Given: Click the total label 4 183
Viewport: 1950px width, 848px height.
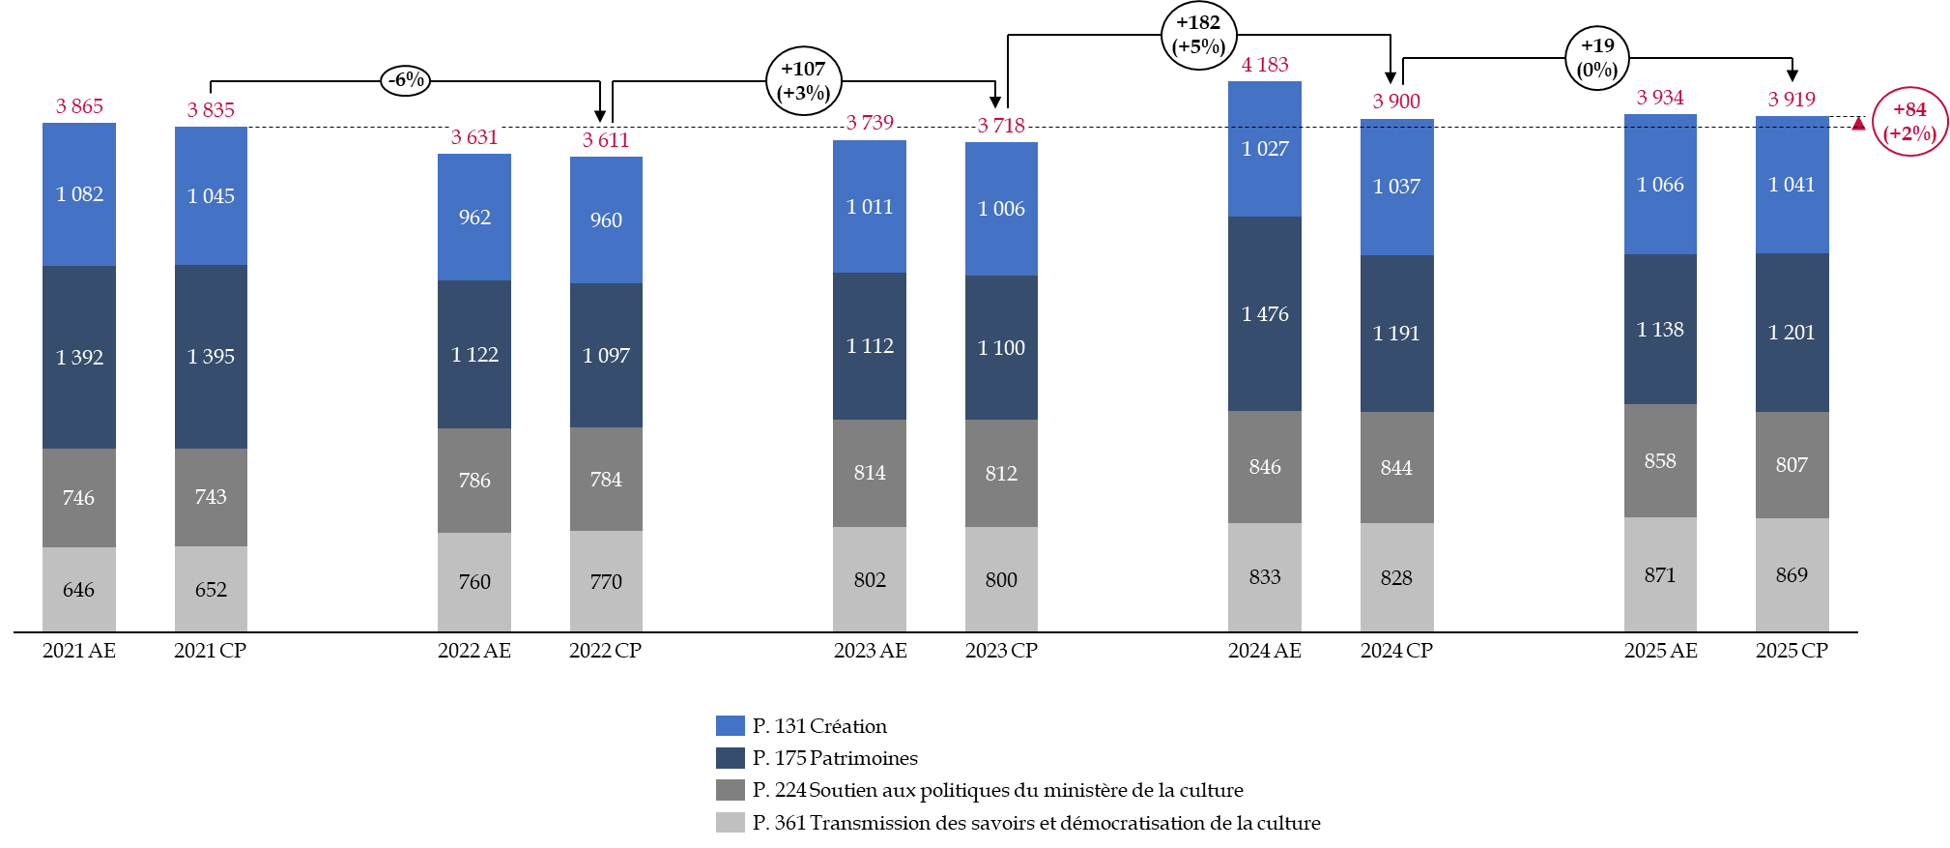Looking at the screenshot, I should (1264, 65).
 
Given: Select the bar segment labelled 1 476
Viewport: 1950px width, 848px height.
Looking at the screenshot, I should (1264, 313).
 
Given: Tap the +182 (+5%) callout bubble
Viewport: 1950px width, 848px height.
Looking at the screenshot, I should (1198, 35).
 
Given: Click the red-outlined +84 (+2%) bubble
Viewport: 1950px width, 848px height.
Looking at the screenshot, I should (1909, 122).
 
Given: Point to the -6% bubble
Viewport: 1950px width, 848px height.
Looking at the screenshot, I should (406, 80).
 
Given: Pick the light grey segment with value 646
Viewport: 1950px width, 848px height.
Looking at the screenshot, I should (78, 589).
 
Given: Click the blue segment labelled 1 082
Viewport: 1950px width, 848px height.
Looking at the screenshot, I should (78, 194).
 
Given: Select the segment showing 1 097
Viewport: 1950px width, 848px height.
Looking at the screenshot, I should (606, 355).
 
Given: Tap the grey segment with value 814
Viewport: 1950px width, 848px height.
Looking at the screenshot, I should (869, 473).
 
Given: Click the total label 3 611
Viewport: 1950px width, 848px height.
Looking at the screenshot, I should (605, 140).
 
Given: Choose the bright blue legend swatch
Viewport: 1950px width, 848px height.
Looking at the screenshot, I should (730, 725).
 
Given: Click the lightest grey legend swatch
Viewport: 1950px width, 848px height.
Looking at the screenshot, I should (730, 822).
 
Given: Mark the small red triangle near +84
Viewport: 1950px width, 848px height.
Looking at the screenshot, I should (1857, 124).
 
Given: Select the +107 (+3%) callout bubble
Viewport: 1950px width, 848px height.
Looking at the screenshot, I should (804, 81).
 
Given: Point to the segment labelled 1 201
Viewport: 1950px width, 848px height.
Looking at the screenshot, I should (1792, 333).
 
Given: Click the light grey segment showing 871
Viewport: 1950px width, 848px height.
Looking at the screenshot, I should (1659, 574).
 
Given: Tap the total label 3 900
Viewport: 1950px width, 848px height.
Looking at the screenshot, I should (1396, 102).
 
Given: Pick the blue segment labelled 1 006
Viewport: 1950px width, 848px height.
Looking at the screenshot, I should (1001, 209).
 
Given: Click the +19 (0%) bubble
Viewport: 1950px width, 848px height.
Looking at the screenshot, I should (1597, 58).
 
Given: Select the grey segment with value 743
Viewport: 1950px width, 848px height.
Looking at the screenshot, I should (211, 497).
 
